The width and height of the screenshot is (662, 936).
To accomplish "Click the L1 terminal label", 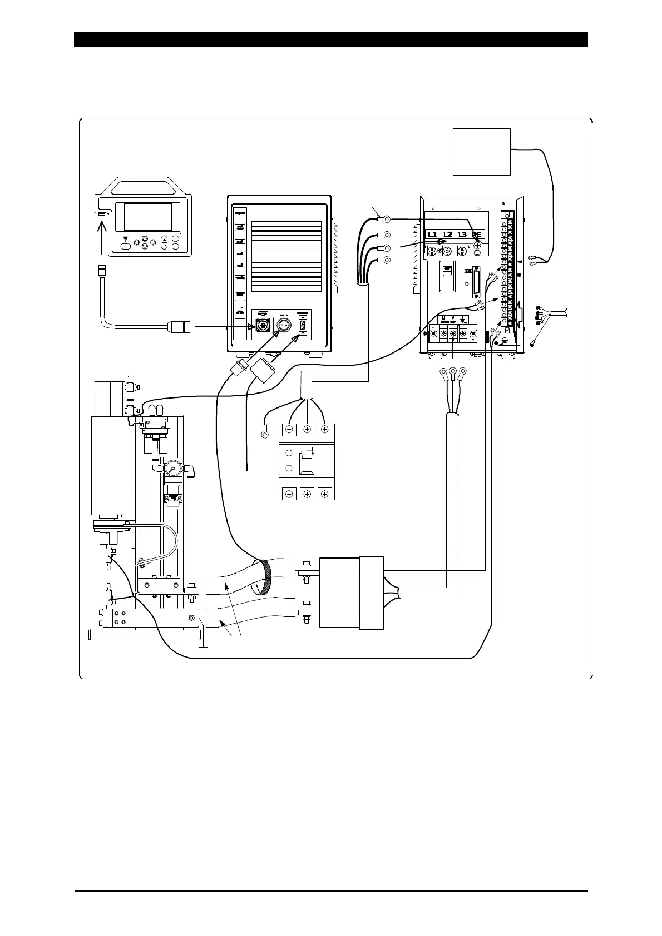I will pos(432,235).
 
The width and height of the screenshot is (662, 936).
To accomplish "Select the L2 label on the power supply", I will pos(447,235).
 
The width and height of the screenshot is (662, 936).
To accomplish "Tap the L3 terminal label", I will pos(462,235).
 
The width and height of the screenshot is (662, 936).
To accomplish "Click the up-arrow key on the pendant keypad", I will pos(144,238).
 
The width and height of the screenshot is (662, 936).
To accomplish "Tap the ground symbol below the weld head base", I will pos(204,648).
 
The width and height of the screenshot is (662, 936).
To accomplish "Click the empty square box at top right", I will pos(482,151).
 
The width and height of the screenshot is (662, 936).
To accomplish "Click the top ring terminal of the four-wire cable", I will pos(386,220).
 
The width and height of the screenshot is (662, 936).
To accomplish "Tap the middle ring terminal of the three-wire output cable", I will pos(453,372).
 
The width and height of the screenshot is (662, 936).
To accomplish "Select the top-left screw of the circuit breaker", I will pos(289,430).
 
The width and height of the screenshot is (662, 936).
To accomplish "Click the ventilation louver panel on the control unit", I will pos(286,257).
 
